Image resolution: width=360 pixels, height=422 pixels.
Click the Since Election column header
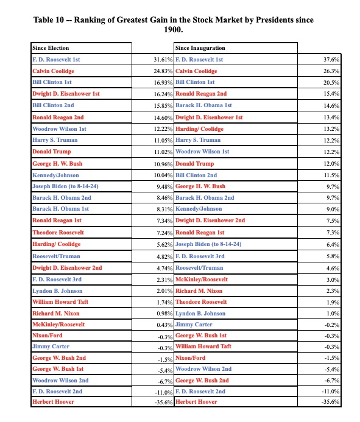point(51,48)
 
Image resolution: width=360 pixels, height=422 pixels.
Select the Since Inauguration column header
point(200,48)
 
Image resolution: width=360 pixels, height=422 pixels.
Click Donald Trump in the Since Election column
point(51,152)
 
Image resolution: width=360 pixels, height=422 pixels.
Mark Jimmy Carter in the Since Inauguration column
point(194,325)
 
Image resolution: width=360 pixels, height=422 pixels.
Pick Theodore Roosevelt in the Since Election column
point(58,233)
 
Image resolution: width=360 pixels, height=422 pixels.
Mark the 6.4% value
point(332,244)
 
